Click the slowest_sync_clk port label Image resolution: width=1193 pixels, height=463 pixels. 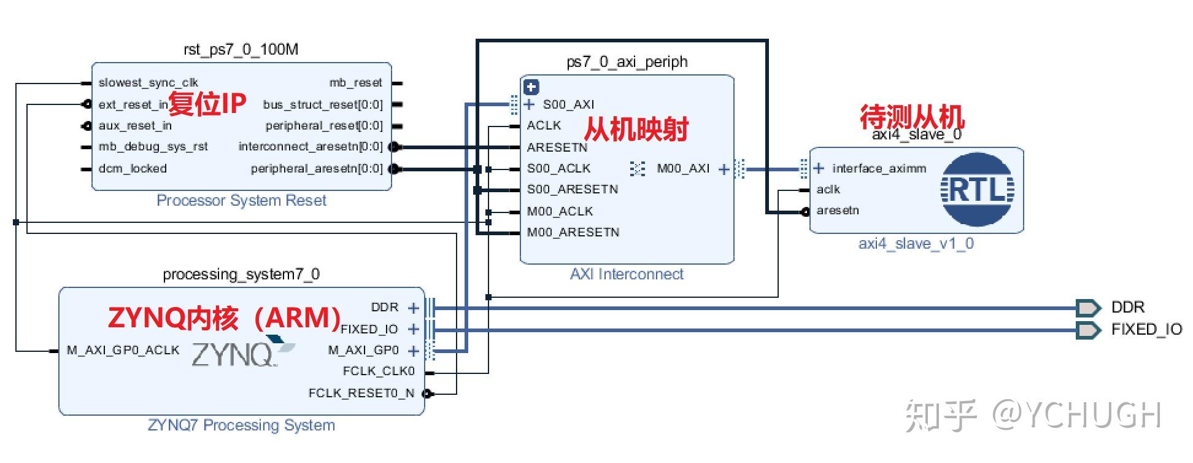[x=148, y=83]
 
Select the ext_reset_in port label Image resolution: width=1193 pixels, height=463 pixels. [x=133, y=105]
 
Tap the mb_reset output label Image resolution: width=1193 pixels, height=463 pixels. [x=355, y=83]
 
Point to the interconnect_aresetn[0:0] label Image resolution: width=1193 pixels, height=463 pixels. [x=311, y=147]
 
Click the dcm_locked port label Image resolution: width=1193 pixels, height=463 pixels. [x=133, y=168]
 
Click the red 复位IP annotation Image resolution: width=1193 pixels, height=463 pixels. [x=207, y=104]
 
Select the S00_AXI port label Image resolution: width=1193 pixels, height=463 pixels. [x=568, y=104]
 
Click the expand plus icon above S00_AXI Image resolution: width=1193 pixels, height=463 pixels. [x=531, y=87]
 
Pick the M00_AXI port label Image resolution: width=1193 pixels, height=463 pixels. [x=683, y=168]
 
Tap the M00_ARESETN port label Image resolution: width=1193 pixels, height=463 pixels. [x=573, y=232]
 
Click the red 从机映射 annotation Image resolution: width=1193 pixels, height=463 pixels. [x=636, y=129]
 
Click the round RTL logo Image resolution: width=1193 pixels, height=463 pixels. [x=976, y=190]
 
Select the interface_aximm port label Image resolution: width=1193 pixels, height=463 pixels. [x=879, y=168]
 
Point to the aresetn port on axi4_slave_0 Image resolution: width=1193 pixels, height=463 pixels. [x=837, y=211]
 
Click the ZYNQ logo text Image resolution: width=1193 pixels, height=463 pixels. [x=233, y=354]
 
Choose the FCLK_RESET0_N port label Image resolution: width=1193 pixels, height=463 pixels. [x=361, y=393]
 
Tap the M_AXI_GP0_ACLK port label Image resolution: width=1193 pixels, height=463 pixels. [x=123, y=350]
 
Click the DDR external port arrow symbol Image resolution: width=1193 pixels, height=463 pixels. [x=1088, y=307]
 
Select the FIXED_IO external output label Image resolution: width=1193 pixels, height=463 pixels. [x=1146, y=330]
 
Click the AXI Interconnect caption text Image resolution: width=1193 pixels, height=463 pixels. [x=626, y=274]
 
